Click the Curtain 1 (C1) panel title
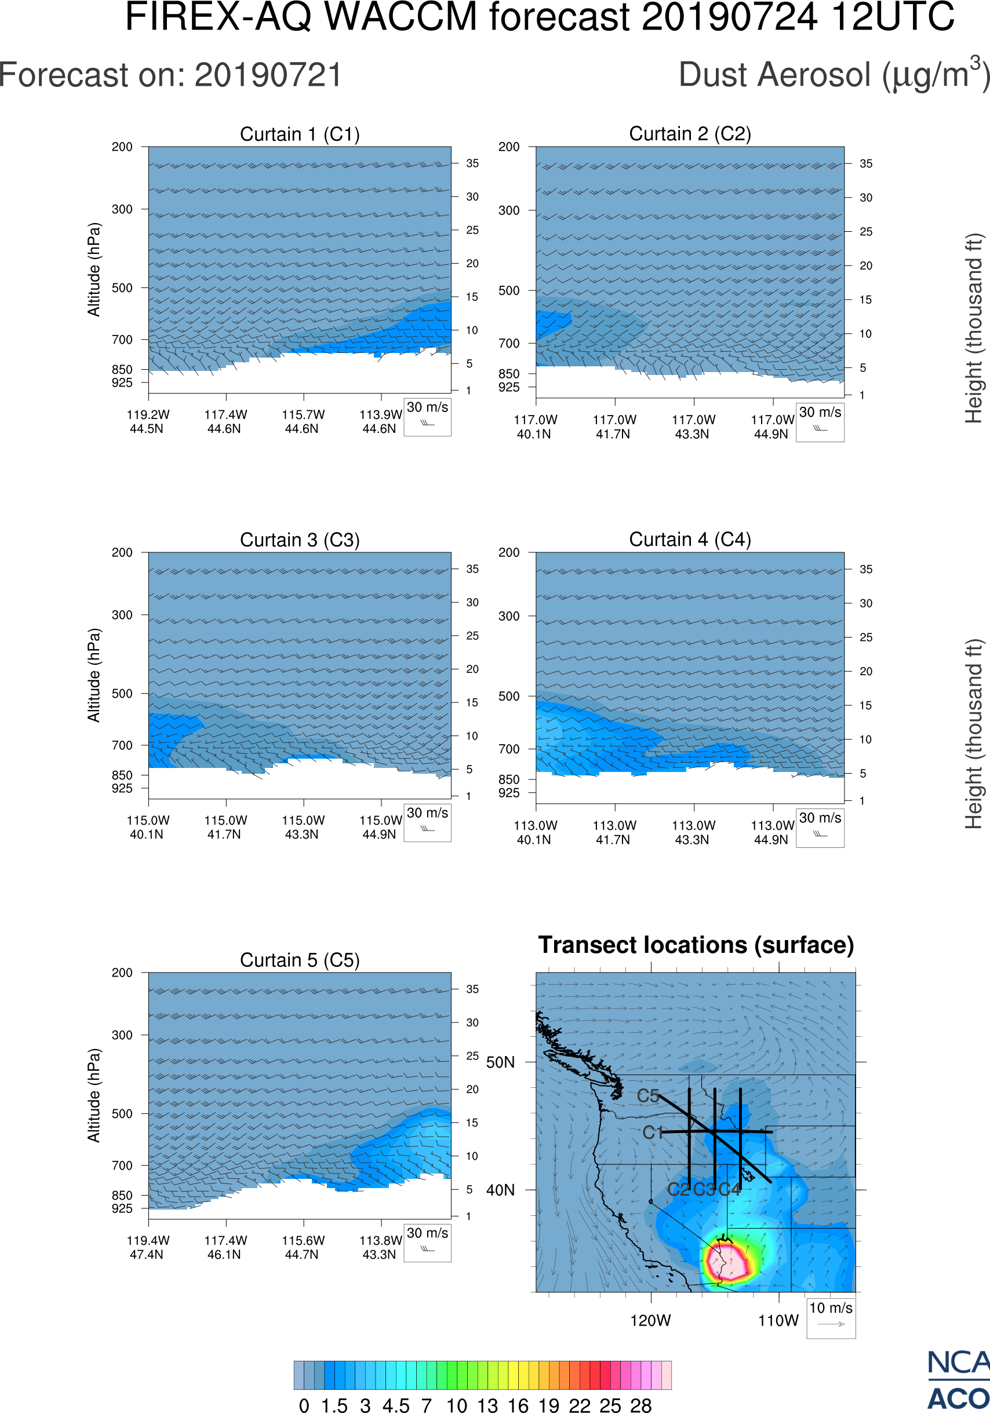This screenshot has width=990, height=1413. pos(300,134)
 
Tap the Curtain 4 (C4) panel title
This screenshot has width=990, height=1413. pos(690,540)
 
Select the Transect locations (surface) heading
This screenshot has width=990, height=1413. pos(696,945)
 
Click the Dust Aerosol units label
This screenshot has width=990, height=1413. pos(834,75)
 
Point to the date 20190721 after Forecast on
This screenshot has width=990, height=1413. pos(268,75)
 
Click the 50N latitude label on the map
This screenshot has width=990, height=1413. pos(500,1062)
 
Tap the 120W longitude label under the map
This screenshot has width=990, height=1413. pos(650,1321)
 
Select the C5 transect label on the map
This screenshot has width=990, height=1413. pos(648,1096)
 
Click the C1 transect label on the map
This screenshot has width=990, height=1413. pos(653,1132)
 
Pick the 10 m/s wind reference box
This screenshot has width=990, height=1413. pos(831,1317)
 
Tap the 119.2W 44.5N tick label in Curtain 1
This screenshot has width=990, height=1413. pos(148,421)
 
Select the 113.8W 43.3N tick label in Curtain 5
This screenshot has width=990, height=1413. pos(380,1247)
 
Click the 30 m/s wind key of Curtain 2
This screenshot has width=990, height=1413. pos(820,421)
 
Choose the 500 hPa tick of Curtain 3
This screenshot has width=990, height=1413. pos(122,694)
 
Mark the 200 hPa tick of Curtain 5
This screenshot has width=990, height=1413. pos(122,973)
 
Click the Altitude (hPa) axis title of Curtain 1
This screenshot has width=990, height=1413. pos(93,270)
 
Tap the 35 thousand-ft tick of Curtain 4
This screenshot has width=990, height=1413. pos(866,569)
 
